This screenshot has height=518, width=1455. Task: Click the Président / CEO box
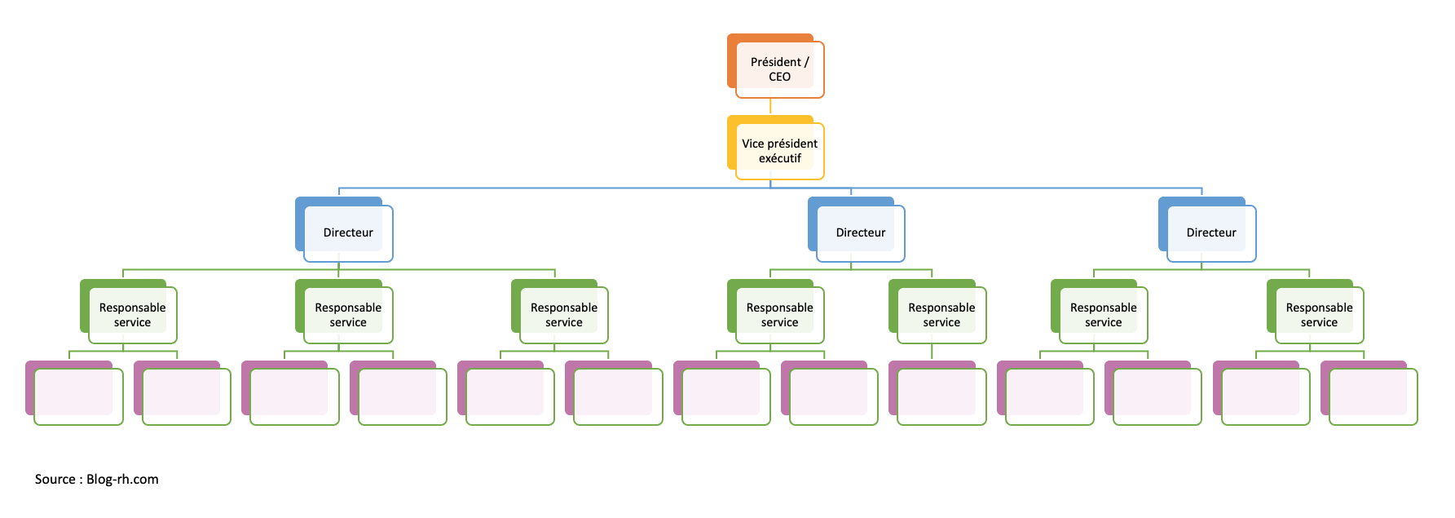click(x=779, y=69)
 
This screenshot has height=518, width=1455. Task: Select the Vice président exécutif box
click(x=779, y=151)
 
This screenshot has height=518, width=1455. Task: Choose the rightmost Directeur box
click(x=1210, y=232)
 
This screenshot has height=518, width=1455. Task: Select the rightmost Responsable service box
click(x=1319, y=315)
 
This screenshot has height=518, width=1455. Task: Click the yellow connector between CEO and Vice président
click(x=770, y=107)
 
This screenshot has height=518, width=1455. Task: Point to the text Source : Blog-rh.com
click(x=96, y=479)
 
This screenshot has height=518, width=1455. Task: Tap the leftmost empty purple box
click(x=77, y=396)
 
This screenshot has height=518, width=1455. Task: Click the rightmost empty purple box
click(x=1373, y=396)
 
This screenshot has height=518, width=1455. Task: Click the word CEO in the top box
click(x=779, y=77)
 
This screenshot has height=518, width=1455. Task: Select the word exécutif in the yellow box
click(x=779, y=158)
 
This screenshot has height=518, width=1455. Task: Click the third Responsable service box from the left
click(x=563, y=315)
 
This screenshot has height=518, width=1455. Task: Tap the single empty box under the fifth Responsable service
click(x=941, y=396)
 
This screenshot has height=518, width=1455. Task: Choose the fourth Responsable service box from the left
click(x=779, y=315)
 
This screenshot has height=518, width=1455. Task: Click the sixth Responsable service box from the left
click(x=1103, y=315)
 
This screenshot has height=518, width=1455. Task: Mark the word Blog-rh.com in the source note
click(x=122, y=479)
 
